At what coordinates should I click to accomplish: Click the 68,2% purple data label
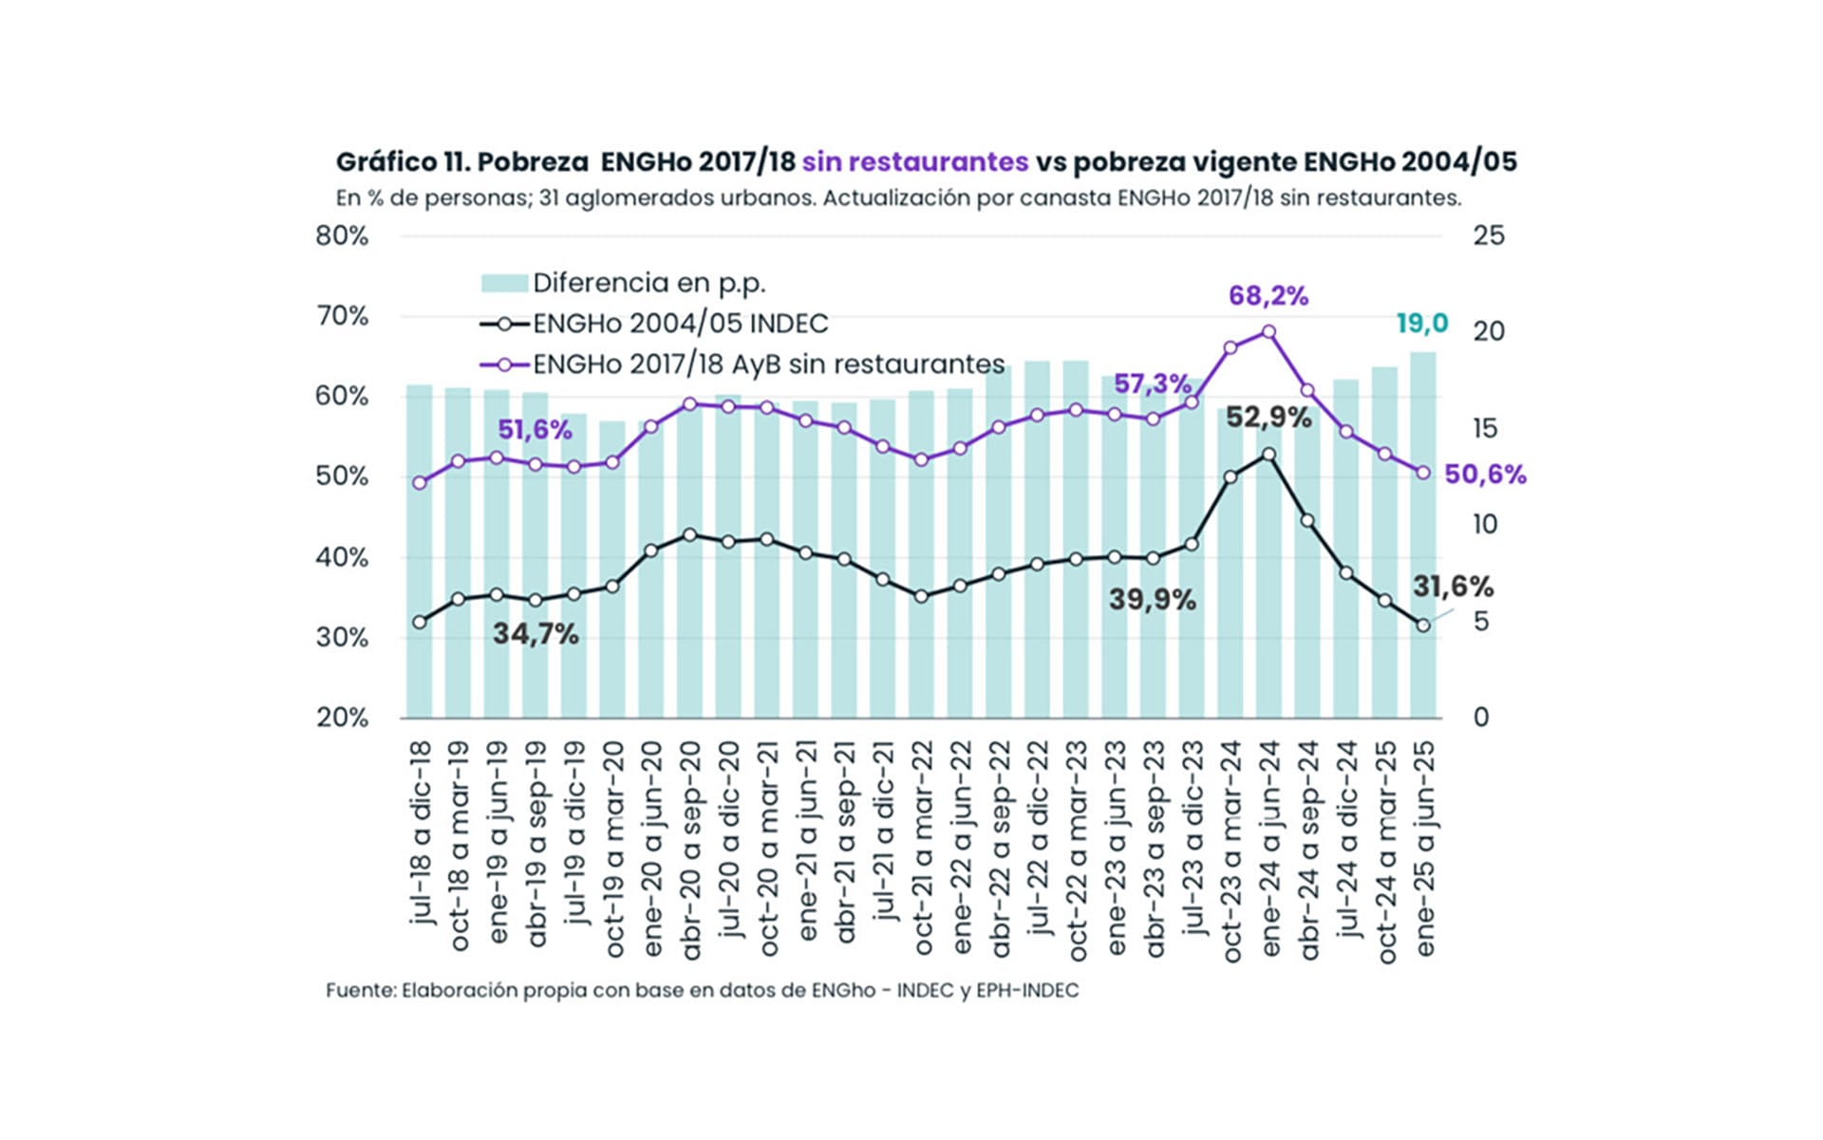tap(1268, 296)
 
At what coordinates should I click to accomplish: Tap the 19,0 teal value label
tap(1421, 324)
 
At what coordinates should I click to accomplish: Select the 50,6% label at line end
tap(1485, 475)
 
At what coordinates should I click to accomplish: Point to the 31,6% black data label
tap(1453, 587)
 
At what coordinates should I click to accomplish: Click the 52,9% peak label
tap(1269, 418)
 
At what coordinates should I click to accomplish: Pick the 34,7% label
tap(536, 634)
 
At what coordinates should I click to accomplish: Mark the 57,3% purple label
tap(1152, 384)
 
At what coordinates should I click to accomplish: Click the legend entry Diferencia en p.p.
tap(648, 283)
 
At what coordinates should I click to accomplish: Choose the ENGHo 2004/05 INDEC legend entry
tap(680, 324)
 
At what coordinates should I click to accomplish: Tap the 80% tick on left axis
tap(342, 236)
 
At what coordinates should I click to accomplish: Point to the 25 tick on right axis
tap(1488, 236)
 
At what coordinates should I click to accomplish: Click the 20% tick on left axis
tap(342, 718)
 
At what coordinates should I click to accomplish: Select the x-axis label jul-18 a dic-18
tap(421, 832)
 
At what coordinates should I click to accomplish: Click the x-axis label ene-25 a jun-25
tap(1424, 848)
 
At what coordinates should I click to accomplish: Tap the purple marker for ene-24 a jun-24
tap(1269, 332)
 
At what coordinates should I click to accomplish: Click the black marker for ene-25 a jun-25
tap(1422, 626)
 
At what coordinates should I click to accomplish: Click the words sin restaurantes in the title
tap(914, 162)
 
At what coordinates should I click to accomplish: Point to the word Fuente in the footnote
tap(359, 991)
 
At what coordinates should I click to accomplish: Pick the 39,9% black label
tap(1152, 600)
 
